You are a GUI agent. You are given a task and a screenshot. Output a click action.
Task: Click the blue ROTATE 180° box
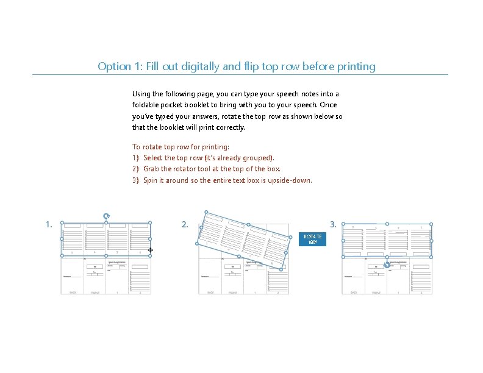pyautogui.click(x=313, y=239)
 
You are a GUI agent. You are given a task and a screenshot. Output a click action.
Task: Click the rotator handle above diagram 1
pyautogui.click(x=106, y=215)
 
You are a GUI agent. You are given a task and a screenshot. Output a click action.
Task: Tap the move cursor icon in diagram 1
pyautogui.click(x=150, y=250)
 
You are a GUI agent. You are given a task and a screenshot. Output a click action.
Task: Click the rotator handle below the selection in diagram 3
pyautogui.click(x=387, y=265)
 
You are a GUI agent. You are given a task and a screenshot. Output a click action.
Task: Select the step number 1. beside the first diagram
pyautogui.click(x=49, y=224)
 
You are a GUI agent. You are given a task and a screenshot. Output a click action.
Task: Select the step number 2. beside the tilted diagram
pyautogui.click(x=185, y=224)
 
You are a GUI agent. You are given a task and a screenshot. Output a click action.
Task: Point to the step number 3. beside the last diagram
pyautogui.click(x=333, y=224)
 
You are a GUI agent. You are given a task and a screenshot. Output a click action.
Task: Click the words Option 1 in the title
pyautogui.click(x=118, y=66)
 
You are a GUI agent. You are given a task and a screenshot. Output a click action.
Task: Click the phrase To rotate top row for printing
pyautogui.click(x=181, y=147)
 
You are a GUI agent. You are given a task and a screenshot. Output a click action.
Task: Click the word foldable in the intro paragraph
pyautogui.click(x=146, y=105)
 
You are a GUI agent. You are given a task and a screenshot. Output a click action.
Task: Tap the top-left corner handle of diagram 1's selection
pyautogui.click(x=62, y=223)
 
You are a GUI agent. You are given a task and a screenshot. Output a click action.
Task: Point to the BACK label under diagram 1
pyautogui.click(x=73, y=293)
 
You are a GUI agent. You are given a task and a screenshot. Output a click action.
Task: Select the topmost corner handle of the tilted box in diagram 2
pyautogui.click(x=207, y=214)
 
